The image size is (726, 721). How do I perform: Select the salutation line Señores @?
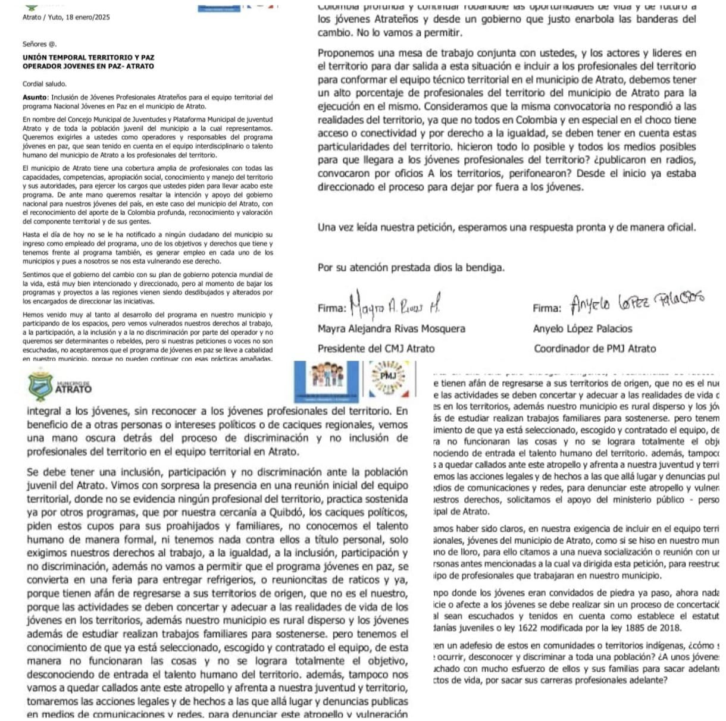pos(39,44)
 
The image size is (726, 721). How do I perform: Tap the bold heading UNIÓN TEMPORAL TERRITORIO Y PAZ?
pos(89,58)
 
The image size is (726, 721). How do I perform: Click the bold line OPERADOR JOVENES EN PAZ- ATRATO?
pos(88,66)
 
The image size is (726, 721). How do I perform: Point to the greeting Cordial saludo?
pos(45,84)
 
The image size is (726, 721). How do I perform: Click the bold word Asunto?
pos(35,98)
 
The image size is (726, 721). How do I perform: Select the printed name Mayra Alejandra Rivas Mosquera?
pos(392,328)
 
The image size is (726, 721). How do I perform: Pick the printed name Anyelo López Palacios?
pos(583,328)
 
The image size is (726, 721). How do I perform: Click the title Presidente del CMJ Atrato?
pos(376,349)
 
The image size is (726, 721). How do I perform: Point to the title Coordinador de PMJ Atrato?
pos(594,349)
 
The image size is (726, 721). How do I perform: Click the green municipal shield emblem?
pos(40,385)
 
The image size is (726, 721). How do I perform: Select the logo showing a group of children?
pos(327,378)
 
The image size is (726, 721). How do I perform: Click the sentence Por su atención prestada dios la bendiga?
pos(411,268)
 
